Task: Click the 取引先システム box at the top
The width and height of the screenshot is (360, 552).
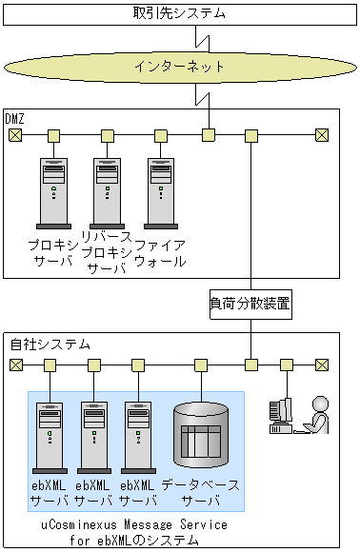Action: tap(180, 14)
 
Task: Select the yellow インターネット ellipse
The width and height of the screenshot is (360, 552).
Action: tap(180, 67)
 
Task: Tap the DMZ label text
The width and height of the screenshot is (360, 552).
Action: tap(15, 119)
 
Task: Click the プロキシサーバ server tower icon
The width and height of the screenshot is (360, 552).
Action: tap(53, 193)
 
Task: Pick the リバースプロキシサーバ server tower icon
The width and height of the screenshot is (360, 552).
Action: tap(107, 193)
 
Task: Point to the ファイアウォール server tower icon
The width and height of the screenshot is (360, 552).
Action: tap(161, 193)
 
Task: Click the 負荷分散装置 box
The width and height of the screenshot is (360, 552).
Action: tap(250, 305)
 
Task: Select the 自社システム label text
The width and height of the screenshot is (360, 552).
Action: tap(50, 344)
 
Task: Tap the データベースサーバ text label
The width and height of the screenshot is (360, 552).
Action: tap(201, 492)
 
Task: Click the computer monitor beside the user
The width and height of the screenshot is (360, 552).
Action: tap(281, 415)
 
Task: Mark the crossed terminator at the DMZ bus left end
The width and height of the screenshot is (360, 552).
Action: tap(15, 135)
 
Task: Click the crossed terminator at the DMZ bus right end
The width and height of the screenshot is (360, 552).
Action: tap(322, 135)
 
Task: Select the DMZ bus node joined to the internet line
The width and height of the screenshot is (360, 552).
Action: tap(209, 135)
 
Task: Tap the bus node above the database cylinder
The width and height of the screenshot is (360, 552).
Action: tap(201, 365)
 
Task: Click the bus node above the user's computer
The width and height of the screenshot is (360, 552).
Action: tap(287, 365)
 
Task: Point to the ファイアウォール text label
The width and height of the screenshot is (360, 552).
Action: tap(160, 253)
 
